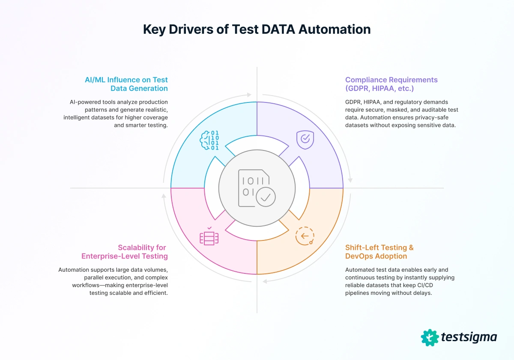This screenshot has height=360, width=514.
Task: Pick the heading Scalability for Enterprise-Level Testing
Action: pos(125,252)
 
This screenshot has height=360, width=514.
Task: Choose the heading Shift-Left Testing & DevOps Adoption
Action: pos(380,252)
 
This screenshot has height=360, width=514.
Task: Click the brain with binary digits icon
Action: pos(209,140)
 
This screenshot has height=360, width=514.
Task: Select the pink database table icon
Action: pos(209,237)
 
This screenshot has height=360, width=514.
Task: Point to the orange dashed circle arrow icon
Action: pos(305,236)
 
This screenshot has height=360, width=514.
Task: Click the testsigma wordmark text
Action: pos(469,337)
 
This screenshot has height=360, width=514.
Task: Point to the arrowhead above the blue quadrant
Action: pos(250,94)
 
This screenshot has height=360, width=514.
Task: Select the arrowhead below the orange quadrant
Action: pos(265,282)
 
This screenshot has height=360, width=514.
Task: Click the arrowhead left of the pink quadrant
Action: pos(163,196)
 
